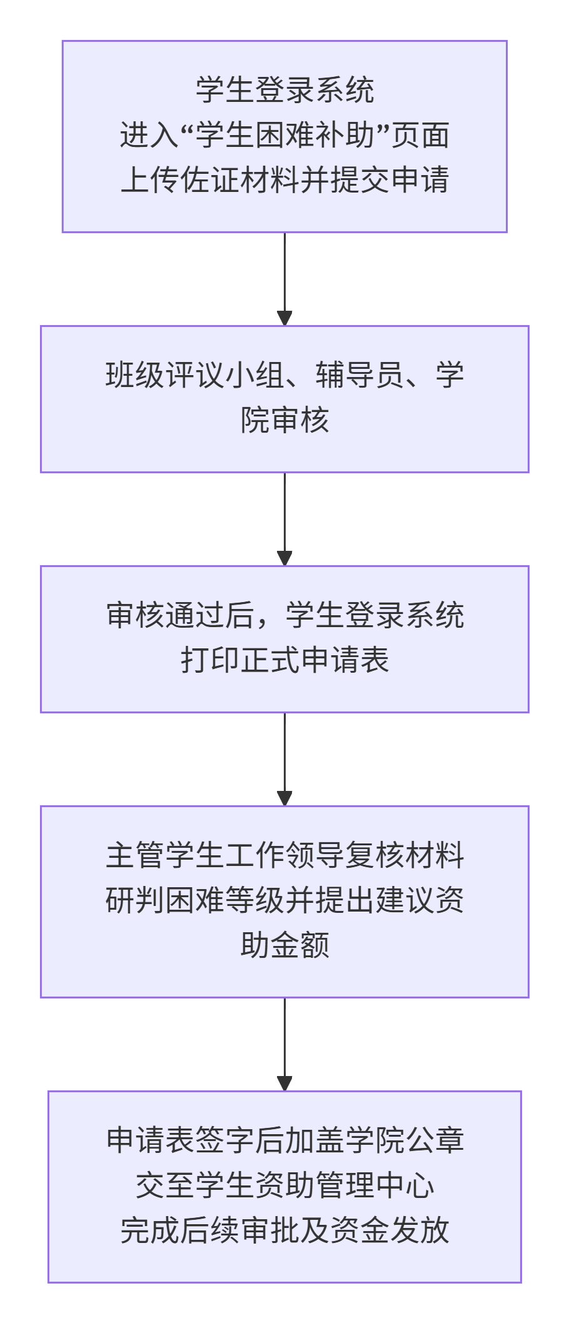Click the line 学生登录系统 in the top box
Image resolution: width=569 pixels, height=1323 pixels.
(284, 90)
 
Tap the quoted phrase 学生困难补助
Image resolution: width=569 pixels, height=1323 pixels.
(284, 135)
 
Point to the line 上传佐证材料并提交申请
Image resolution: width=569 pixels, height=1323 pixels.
(284, 180)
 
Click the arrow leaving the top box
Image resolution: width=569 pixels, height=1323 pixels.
(284, 279)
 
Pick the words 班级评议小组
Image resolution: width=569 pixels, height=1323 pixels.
(195, 375)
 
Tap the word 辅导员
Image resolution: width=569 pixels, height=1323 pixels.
(360, 375)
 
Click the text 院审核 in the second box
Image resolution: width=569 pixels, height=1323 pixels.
(284, 420)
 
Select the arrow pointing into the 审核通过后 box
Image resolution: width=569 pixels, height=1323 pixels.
(284, 520)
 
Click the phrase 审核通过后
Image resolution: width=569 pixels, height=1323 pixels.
(180, 615)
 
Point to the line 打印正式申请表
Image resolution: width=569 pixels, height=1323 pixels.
(284, 660)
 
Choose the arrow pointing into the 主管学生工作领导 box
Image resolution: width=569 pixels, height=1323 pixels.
(284, 760)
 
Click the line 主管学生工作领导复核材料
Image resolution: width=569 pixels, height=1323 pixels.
(284, 855)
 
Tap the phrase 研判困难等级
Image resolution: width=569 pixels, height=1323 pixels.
(195, 900)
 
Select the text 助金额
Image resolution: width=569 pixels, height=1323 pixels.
(284, 945)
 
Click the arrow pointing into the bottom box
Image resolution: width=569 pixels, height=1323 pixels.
(284, 1045)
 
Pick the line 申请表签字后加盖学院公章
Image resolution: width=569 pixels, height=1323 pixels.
(284, 1140)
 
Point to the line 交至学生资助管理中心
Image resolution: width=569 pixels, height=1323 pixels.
(284, 1185)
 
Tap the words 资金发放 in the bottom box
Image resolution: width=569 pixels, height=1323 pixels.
(390, 1230)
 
